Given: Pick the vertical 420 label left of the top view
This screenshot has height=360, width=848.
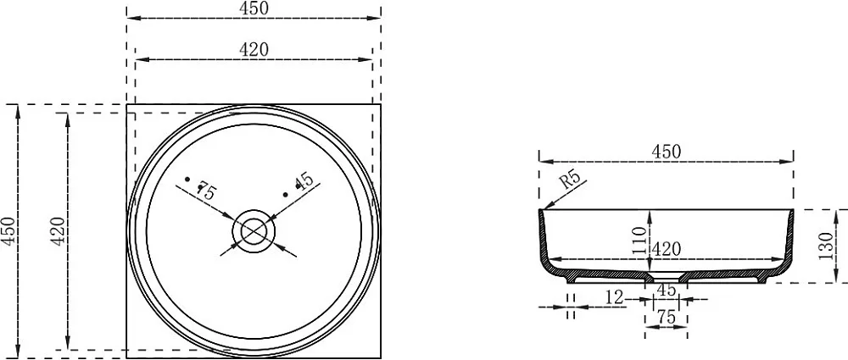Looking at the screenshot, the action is point(59,231).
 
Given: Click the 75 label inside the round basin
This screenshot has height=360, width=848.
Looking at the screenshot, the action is point(207,191).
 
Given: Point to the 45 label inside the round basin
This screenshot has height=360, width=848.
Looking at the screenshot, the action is point(305,180).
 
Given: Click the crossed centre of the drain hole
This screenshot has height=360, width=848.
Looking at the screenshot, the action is point(254,231).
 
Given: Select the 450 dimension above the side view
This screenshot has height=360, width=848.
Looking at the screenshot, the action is point(666,152).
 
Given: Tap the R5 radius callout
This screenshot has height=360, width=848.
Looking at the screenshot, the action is point(570,179).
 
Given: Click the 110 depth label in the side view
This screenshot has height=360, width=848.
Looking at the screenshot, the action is point(639,241).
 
